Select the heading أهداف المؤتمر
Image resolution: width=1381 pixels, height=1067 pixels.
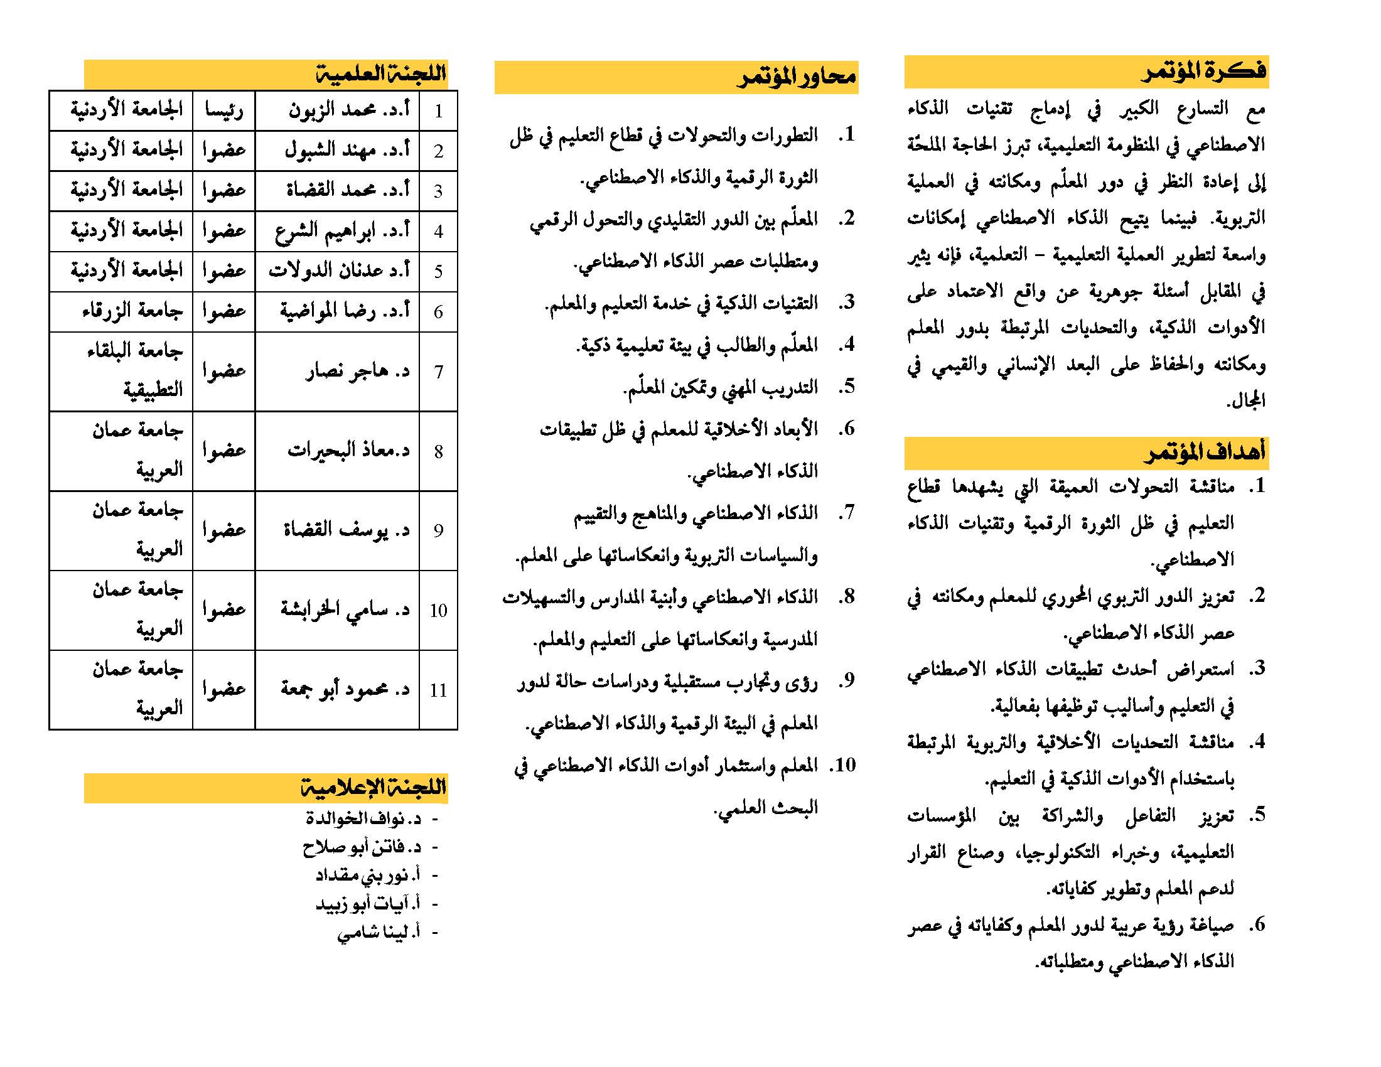1205,452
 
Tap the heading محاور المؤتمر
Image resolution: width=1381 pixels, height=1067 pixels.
797,77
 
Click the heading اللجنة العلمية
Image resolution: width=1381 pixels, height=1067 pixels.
381,74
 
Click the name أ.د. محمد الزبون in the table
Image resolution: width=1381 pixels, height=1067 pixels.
349,110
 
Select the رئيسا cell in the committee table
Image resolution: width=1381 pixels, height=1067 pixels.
224,111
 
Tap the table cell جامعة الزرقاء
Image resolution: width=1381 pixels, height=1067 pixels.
132,311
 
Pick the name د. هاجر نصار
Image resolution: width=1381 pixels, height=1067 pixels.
357,371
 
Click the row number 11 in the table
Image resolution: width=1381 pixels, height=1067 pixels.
438,690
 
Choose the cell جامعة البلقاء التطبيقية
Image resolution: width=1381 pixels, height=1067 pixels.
134,371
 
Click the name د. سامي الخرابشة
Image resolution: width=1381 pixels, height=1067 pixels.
345,610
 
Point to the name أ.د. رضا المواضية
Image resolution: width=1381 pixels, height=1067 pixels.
345,311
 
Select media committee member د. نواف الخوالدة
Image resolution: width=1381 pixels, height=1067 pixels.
363,818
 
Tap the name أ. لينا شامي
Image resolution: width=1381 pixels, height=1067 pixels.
378,932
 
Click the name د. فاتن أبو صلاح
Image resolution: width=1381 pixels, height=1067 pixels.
361,847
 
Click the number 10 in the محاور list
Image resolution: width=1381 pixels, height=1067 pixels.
845,766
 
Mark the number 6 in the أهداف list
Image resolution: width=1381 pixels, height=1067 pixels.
1257,925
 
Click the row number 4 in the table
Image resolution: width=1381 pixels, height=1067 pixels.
438,232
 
